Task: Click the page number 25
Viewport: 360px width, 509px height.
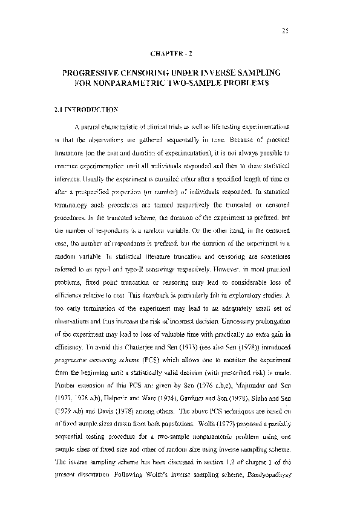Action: pyautogui.click(x=286, y=31)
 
